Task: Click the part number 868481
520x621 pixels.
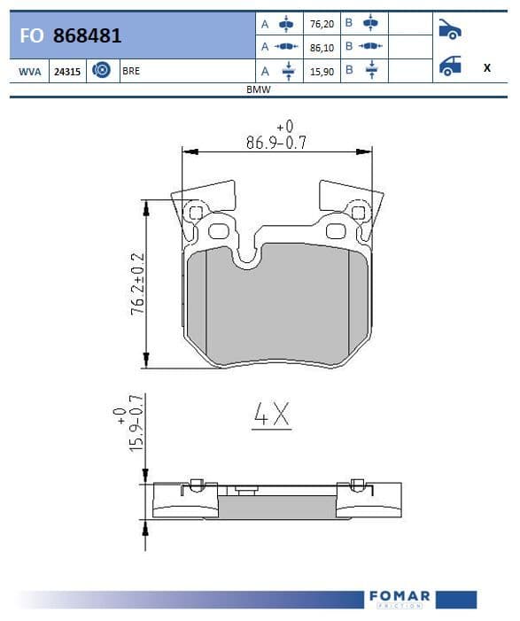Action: point(87,35)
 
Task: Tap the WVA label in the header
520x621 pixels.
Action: point(30,72)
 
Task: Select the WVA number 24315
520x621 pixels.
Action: point(67,72)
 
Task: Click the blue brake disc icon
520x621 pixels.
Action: point(101,71)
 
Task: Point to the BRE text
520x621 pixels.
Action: point(131,71)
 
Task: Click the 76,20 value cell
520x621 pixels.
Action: point(322,24)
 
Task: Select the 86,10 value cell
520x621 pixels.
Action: point(322,48)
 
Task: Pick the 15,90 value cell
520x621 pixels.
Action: point(322,72)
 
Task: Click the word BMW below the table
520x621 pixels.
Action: point(258,89)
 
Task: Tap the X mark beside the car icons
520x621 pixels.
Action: point(487,67)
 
